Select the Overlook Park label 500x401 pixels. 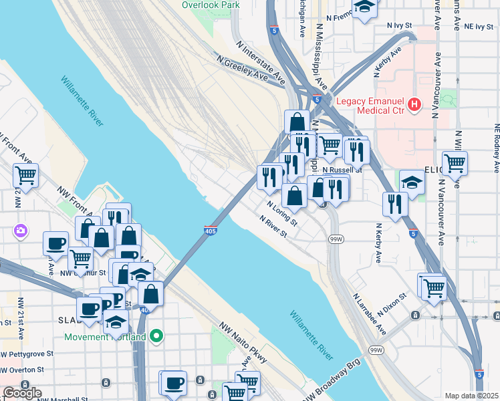pyautogui.click(x=211, y=5)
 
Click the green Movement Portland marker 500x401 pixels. pyautogui.click(x=156, y=336)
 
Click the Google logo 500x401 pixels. pyautogui.click(x=22, y=392)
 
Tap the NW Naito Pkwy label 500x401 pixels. pyautogui.click(x=244, y=344)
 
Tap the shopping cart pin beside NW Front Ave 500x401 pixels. pyautogui.click(x=25, y=176)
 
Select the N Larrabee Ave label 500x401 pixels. pyautogui.click(x=369, y=313)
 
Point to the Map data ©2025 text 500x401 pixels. pyautogui.click(x=472, y=396)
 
